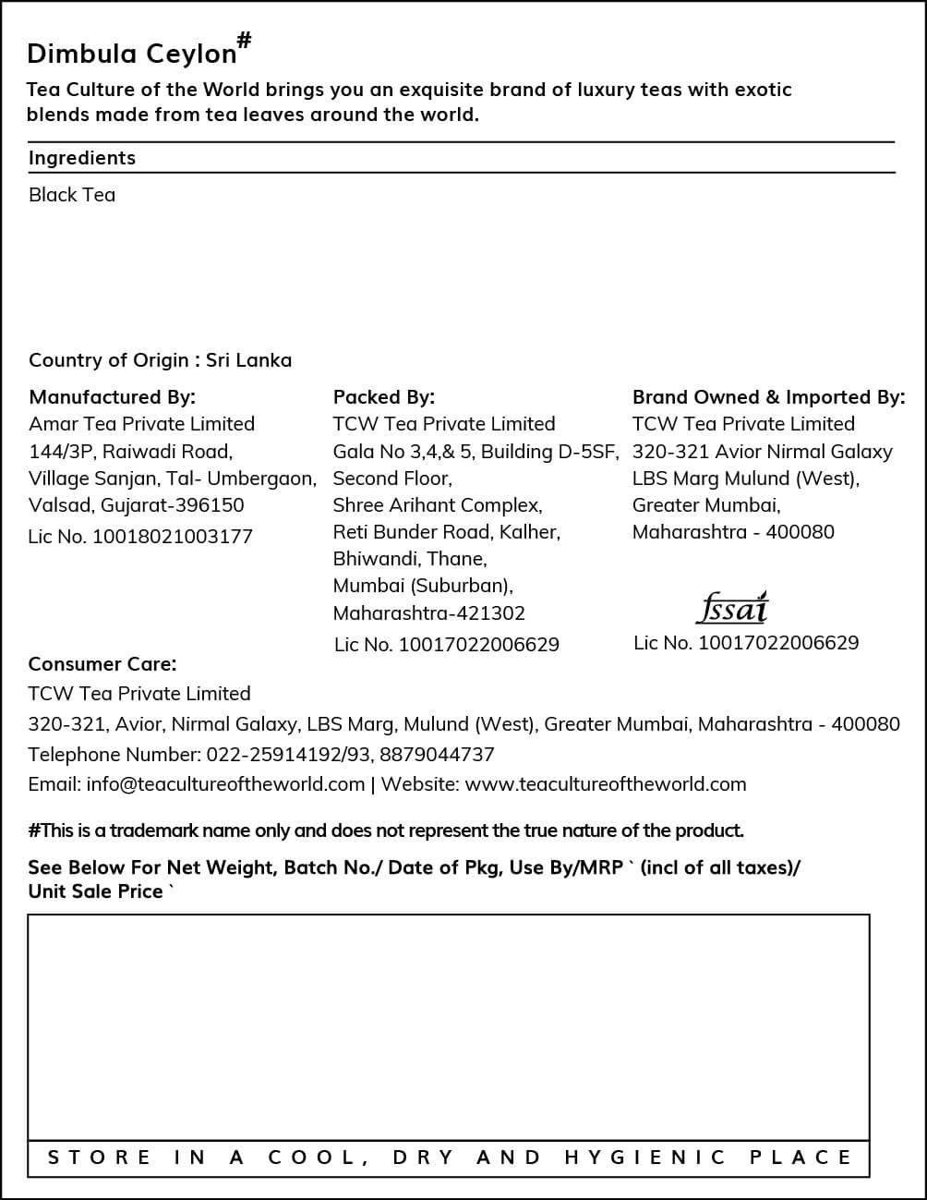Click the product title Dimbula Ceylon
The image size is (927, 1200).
tap(132, 54)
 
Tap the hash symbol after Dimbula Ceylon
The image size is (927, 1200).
tap(245, 40)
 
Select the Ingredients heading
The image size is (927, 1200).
tap(81, 158)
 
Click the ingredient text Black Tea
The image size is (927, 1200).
tap(72, 195)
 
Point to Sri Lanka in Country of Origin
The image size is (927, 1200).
tap(248, 360)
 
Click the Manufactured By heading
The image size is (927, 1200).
tap(112, 397)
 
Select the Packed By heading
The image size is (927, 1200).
tap(383, 397)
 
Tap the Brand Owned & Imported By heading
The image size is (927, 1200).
tap(768, 397)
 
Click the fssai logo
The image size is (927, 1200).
tap(731, 608)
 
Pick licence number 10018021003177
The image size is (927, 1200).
tap(172, 537)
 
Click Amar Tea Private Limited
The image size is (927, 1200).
tap(141, 424)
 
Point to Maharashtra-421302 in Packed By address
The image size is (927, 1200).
tap(428, 613)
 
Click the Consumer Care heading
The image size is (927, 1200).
tap(102, 664)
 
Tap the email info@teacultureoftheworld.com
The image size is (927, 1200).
tap(225, 784)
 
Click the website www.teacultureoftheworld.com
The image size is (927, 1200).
tap(605, 784)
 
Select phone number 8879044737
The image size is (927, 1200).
tap(437, 755)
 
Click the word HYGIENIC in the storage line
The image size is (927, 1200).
tap(644, 1158)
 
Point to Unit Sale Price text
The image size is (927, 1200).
tap(95, 891)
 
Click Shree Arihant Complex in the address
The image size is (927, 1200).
tap(437, 505)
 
